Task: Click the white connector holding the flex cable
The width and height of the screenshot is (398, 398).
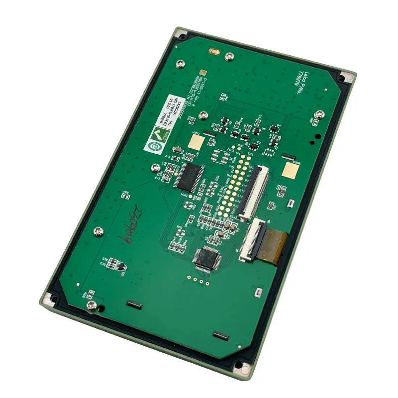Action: point(252,240)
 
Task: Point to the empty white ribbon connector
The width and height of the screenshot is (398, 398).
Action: point(254,192)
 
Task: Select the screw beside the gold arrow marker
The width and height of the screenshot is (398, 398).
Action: point(229,57)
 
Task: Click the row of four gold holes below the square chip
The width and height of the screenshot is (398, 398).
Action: point(196,280)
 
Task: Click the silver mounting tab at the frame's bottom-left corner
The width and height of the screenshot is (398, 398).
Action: point(49,299)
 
